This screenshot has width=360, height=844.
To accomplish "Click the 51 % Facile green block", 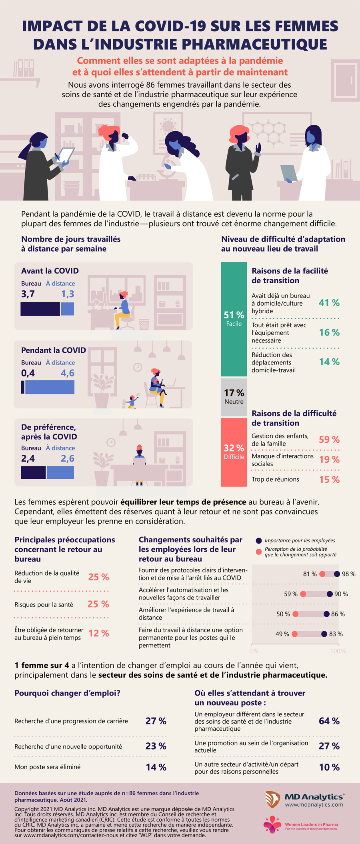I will tap(234, 319).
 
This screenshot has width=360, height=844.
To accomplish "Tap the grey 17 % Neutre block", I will tap(234, 396).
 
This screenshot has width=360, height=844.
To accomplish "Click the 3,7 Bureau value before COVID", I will tap(28, 294).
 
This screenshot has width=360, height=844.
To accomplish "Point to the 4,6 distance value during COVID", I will tap(68, 373).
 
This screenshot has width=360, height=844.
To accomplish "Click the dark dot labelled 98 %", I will tap(337, 574).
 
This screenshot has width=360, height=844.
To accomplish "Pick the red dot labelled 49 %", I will tap(294, 634).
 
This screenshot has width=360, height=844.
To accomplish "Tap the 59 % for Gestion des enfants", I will tap(329, 440).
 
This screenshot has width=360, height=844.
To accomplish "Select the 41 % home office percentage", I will tap(329, 303).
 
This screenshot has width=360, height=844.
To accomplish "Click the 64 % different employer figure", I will tap(329, 721).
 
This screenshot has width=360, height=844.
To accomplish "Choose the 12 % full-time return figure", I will tap(99, 633).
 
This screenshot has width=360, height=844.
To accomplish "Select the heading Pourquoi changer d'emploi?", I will tap(67, 693).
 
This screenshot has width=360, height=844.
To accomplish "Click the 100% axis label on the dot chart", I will tap(338, 651).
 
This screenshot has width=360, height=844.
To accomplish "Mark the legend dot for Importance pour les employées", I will tap(259, 540).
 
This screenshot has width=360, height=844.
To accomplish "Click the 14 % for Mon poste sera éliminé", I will tap(156, 767).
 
